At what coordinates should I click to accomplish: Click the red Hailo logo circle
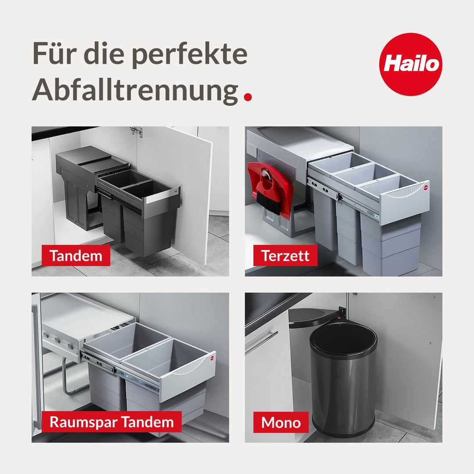coord(410,64)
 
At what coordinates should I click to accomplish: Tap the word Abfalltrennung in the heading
coord(135,90)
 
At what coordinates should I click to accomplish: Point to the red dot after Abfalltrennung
coord(248,97)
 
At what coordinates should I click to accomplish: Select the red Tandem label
coord(75,255)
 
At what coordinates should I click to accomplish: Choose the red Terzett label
coord(285,255)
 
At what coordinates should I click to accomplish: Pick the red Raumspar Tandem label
coord(111,422)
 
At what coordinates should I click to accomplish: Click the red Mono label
coord(281,422)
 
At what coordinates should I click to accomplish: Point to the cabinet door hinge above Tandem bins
coord(136,131)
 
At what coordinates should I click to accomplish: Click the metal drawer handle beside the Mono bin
coord(261,342)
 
